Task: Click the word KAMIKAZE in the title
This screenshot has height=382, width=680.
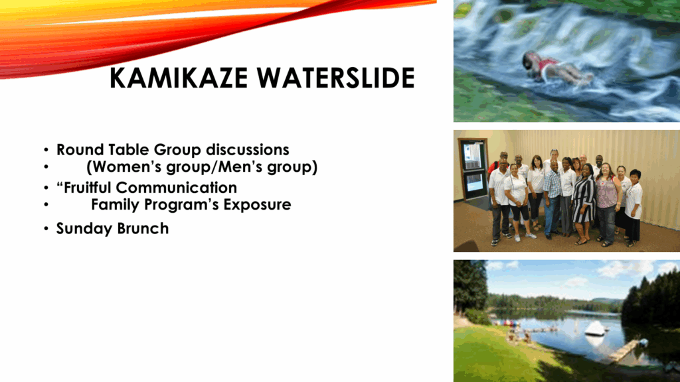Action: tap(179, 78)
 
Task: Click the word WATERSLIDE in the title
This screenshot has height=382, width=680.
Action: tap(335, 78)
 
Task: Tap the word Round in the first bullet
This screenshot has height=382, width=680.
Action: tap(80, 150)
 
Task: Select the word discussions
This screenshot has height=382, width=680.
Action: tap(247, 150)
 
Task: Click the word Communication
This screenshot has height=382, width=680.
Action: tap(177, 188)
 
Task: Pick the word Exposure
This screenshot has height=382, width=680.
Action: tap(257, 205)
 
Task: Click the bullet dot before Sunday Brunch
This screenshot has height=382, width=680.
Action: tap(46, 229)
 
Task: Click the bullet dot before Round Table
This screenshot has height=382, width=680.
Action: tap(46, 151)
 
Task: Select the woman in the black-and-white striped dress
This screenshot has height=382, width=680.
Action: tap(584, 203)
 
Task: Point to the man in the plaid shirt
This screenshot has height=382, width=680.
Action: tap(553, 199)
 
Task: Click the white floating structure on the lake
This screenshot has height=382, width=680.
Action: tap(595, 328)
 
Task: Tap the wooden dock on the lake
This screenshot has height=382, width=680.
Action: tap(623, 351)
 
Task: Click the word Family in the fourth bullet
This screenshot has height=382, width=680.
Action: tap(115, 205)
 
